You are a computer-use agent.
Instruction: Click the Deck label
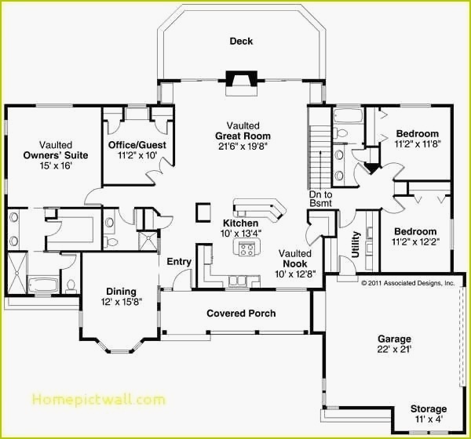(241, 42)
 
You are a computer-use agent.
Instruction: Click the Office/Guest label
(137, 145)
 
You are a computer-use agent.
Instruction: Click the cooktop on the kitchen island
(246, 249)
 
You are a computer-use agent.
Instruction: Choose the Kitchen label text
(240, 223)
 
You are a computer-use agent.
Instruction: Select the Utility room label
(356, 245)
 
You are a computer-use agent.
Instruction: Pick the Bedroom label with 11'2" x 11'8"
(417, 133)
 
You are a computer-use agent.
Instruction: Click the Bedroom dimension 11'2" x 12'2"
(415, 242)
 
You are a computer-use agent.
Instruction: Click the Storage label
(428, 409)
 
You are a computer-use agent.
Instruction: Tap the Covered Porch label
(241, 314)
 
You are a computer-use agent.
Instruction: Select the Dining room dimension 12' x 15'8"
(121, 302)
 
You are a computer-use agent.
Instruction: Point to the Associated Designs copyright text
(407, 282)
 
